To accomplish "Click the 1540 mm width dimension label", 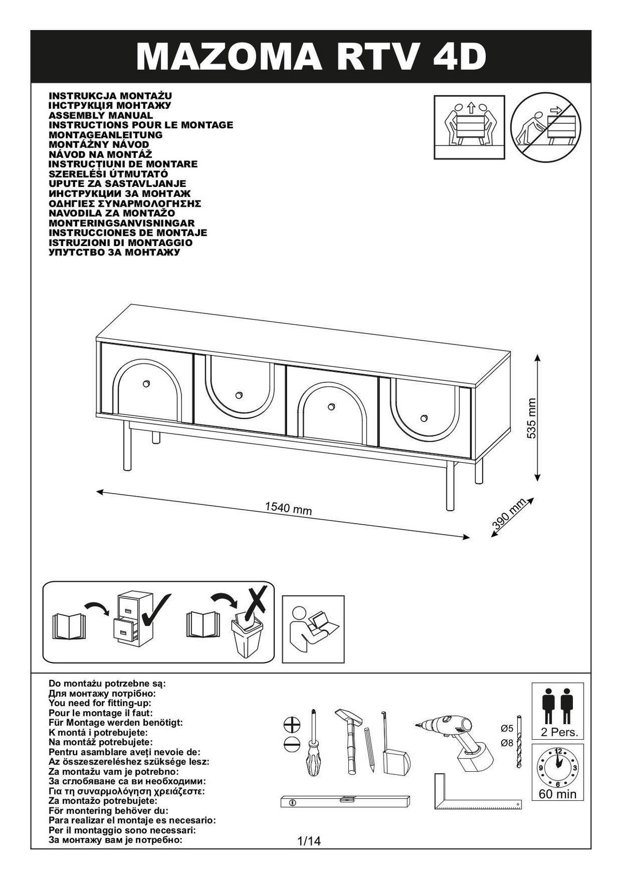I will pyautogui.click(x=288, y=509).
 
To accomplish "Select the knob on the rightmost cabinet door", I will pyautogui.click(x=424, y=418).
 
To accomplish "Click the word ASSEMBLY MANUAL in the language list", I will pyautogui.click(x=101, y=115).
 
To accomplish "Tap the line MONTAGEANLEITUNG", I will pyautogui.click(x=105, y=135).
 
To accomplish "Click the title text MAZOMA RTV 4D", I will pyautogui.click(x=311, y=56).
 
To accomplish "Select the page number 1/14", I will pyautogui.click(x=309, y=841).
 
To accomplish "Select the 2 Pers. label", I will pyautogui.click(x=558, y=733).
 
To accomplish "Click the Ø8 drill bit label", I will pyautogui.click(x=506, y=743).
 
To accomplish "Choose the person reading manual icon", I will pyautogui.click(x=313, y=629).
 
